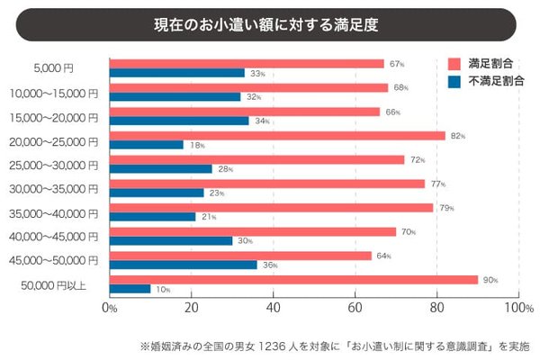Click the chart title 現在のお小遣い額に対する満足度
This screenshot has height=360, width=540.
[x=270, y=24]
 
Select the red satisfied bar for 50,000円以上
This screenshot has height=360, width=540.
[x=292, y=279]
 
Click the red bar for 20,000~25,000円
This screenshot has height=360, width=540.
[x=276, y=135]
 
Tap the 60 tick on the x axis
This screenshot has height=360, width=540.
[x=355, y=308]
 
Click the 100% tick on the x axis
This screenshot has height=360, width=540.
[x=517, y=308]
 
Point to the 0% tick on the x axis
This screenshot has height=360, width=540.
[x=110, y=308]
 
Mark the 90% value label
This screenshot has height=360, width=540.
[x=490, y=280]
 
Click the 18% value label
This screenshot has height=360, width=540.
[x=197, y=144]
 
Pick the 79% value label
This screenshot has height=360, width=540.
[x=445, y=208]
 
